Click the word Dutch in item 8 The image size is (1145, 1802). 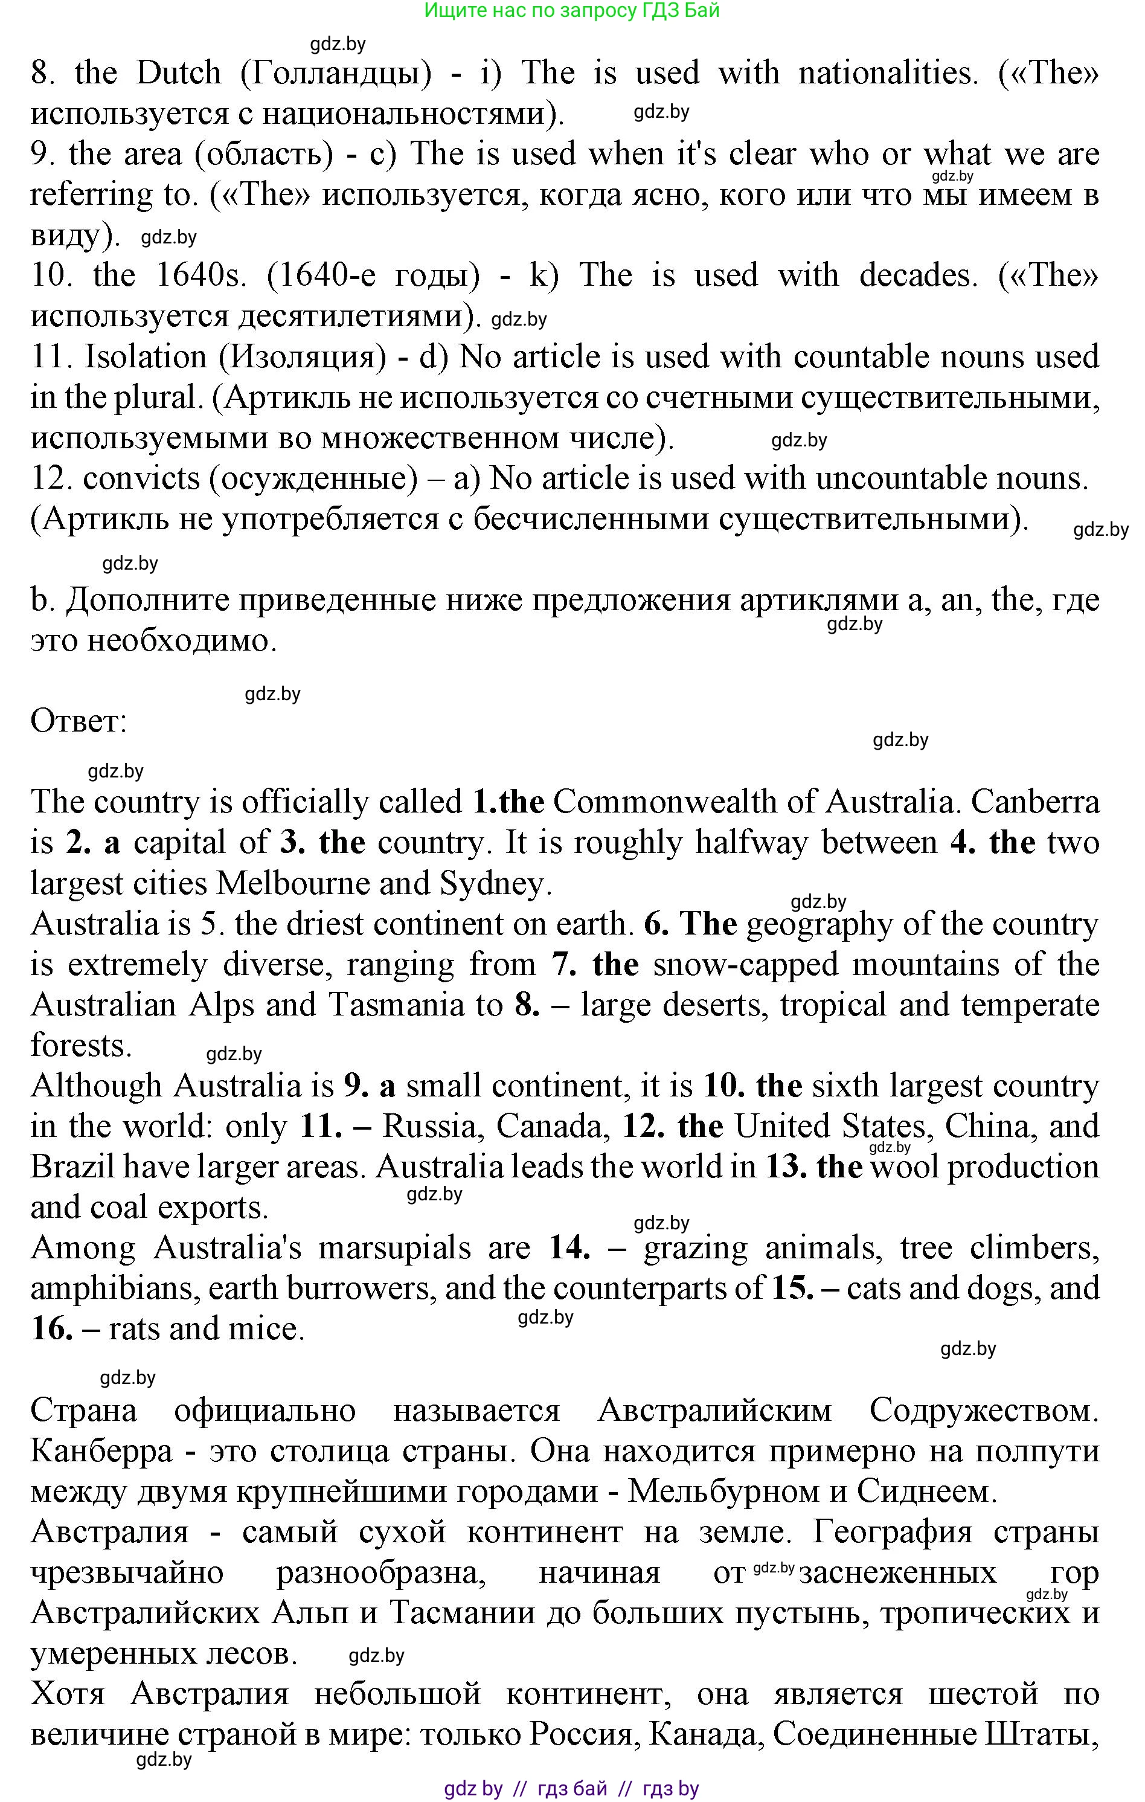[179, 73]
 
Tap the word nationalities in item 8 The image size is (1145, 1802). [888, 73]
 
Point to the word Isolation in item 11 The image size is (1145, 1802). [145, 357]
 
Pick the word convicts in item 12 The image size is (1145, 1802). [141, 479]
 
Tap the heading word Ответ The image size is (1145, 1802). [79, 722]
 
